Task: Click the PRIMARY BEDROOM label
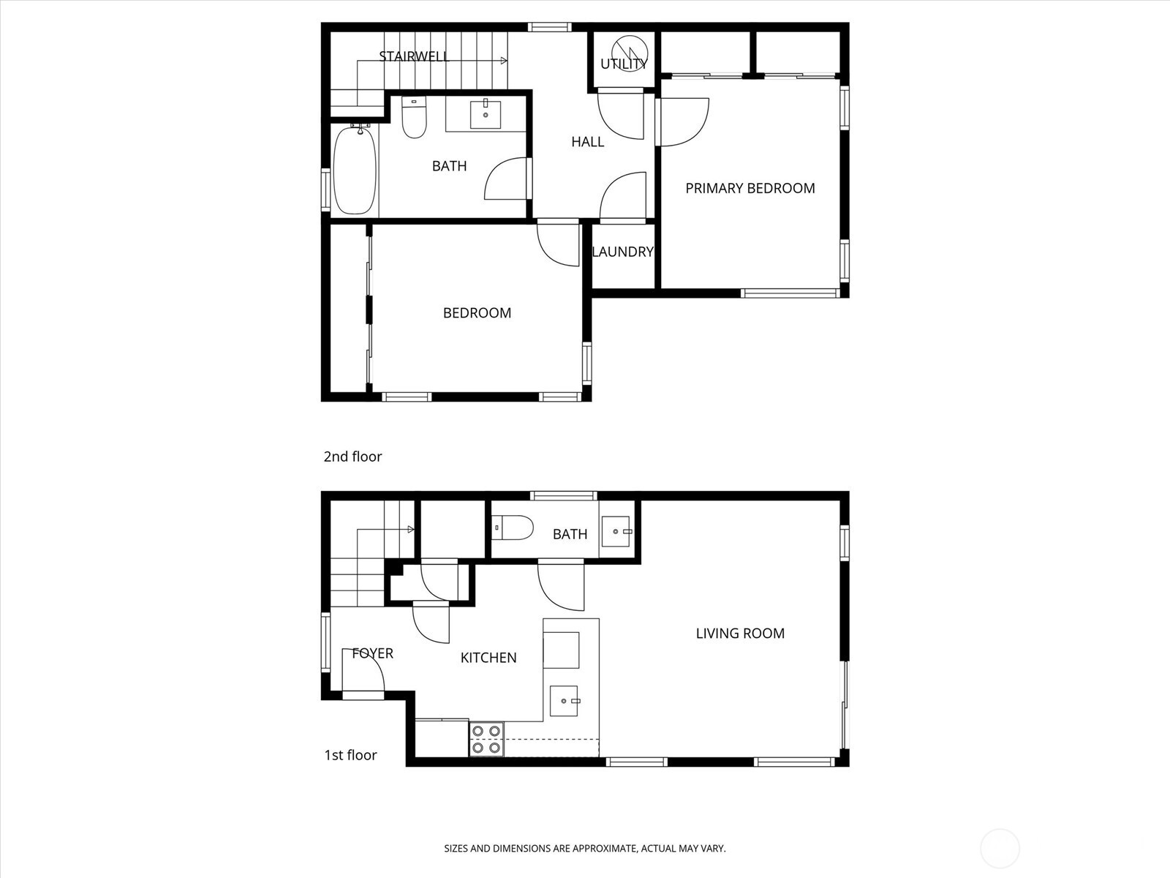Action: (x=750, y=188)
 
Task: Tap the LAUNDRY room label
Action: (x=622, y=252)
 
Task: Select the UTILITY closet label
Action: (x=624, y=64)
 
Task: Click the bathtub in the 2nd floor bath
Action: (x=355, y=170)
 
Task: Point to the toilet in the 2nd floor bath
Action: (x=414, y=120)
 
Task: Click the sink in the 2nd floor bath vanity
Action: (x=486, y=115)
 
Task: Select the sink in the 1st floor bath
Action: (x=616, y=532)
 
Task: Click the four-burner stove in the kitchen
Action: (x=486, y=739)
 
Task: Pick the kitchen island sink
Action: (x=564, y=701)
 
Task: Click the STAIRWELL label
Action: (x=414, y=56)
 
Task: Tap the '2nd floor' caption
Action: (x=352, y=457)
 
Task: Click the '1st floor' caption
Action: (x=350, y=755)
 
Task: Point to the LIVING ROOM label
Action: (x=740, y=634)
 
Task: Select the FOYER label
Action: (x=372, y=653)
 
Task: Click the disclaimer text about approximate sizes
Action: (x=585, y=849)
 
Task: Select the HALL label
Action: (x=587, y=142)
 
